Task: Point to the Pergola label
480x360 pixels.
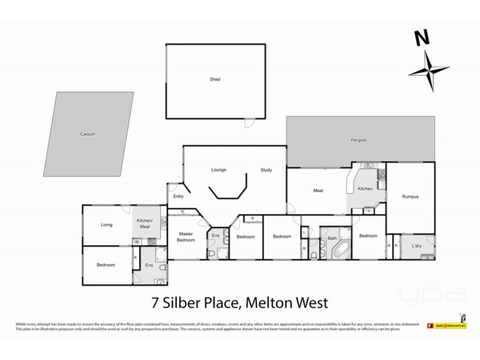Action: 359,140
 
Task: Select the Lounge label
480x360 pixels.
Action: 218,170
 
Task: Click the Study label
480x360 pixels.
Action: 266,170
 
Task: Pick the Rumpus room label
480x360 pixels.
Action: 410,196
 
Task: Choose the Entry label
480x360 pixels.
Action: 178,196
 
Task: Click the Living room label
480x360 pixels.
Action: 107,225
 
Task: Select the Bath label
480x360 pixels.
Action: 332,238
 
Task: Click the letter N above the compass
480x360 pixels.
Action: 423,38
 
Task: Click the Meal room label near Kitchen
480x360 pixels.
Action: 318,191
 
